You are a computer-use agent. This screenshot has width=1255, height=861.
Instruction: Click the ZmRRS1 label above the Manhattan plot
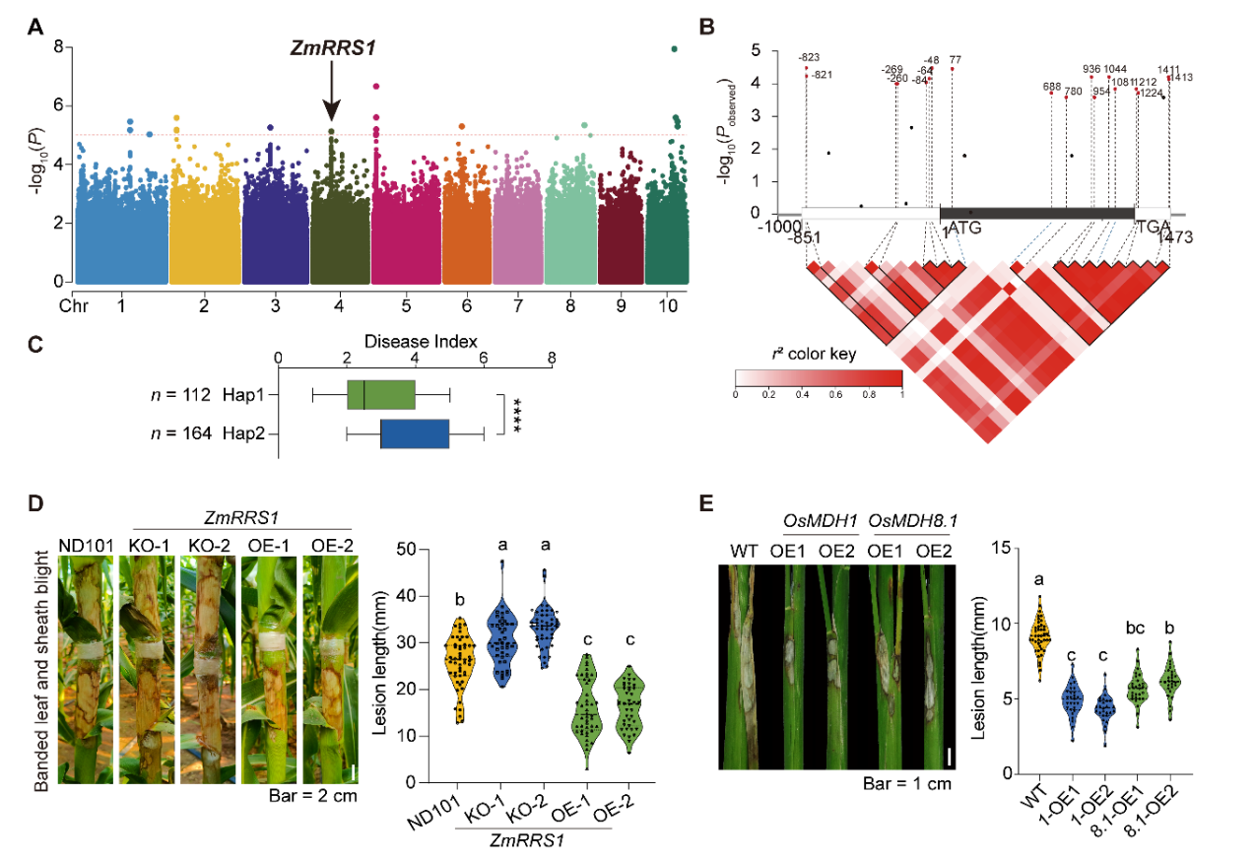(332, 45)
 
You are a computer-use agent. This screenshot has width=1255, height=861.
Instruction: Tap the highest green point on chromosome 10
(674, 48)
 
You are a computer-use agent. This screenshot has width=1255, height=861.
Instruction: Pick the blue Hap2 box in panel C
(415, 433)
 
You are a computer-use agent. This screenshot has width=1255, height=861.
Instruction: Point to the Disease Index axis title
(414, 341)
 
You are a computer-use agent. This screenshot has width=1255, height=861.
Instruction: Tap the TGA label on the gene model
(1151, 228)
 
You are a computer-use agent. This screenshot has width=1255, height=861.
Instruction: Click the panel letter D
(35, 503)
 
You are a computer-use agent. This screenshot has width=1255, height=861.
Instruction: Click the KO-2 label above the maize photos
(209, 545)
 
